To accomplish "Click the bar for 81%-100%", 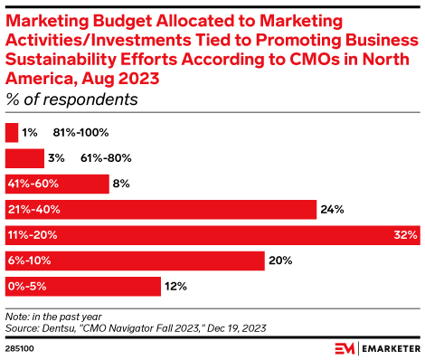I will tap(12, 132).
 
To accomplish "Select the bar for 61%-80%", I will tap(24, 158).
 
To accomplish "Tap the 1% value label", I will tap(30, 132).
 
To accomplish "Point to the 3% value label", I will tap(56, 158).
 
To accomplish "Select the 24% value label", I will tap(331, 210).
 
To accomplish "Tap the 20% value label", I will tap(280, 261).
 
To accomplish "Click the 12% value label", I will tap(176, 287).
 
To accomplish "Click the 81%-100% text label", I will tap(89, 132).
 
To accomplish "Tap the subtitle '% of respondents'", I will tap(71, 99).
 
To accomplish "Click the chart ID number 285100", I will tap(20, 346).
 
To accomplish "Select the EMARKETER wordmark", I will tap(384, 347).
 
